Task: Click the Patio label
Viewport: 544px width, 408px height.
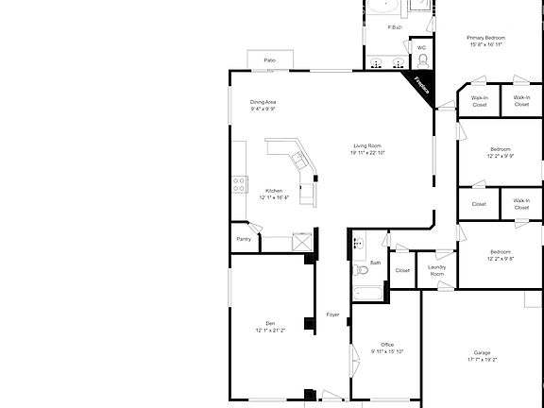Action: (269, 59)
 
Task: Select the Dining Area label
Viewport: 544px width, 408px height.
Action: (263, 102)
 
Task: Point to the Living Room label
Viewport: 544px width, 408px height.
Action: (367, 144)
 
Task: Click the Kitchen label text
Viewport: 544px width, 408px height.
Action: (274, 190)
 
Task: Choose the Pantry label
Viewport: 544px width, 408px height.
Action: (244, 239)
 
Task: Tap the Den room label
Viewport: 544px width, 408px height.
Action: (270, 323)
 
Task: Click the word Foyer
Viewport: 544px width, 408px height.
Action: (332, 314)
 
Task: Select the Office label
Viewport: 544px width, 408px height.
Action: (387, 344)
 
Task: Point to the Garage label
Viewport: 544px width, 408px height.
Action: (483, 352)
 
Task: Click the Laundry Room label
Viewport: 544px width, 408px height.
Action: (436, 270)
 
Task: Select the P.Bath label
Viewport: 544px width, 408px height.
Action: (396, 27)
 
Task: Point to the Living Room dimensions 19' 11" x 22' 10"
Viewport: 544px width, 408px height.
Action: (367, 152)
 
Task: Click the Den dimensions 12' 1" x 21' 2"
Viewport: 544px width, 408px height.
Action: (270, 331)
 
